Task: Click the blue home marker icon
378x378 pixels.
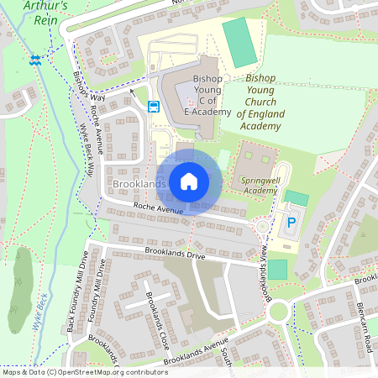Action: (189, 181)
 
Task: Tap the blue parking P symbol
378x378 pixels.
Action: (292, 224)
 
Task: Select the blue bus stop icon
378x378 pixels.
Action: (154, 107)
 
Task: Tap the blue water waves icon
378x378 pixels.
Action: (35, 60)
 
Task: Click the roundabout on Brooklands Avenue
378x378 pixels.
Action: (278, 312)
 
